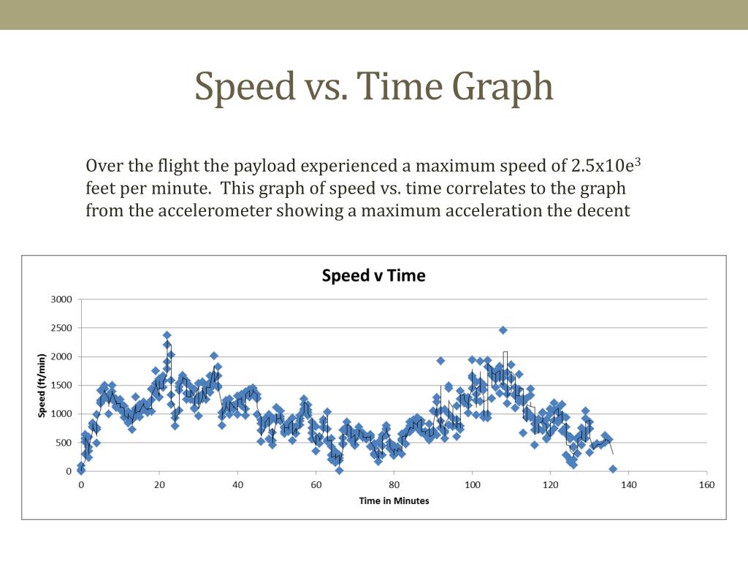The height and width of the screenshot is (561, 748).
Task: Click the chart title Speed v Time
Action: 373,275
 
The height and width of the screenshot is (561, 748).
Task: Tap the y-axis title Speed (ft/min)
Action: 42,386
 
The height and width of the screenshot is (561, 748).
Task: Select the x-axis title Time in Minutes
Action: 394,501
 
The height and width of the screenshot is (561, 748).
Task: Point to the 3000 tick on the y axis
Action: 61,299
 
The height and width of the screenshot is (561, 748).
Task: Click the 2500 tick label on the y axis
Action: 61,328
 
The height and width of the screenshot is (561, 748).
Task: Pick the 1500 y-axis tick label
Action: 61,386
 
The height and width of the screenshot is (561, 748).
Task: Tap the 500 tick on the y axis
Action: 64,443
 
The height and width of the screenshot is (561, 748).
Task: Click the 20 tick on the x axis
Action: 159,485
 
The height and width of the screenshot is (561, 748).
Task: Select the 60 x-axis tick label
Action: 316,485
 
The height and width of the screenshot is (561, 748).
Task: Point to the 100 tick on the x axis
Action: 473,485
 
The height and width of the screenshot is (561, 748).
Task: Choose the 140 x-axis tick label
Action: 629,485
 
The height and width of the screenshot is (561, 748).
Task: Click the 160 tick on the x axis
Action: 707,485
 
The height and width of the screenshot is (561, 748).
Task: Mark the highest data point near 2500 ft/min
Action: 503,330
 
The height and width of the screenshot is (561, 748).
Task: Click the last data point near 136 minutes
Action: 613,470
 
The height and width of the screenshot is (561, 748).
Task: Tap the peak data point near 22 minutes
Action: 167,335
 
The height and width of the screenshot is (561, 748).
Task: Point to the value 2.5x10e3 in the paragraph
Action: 606,165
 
